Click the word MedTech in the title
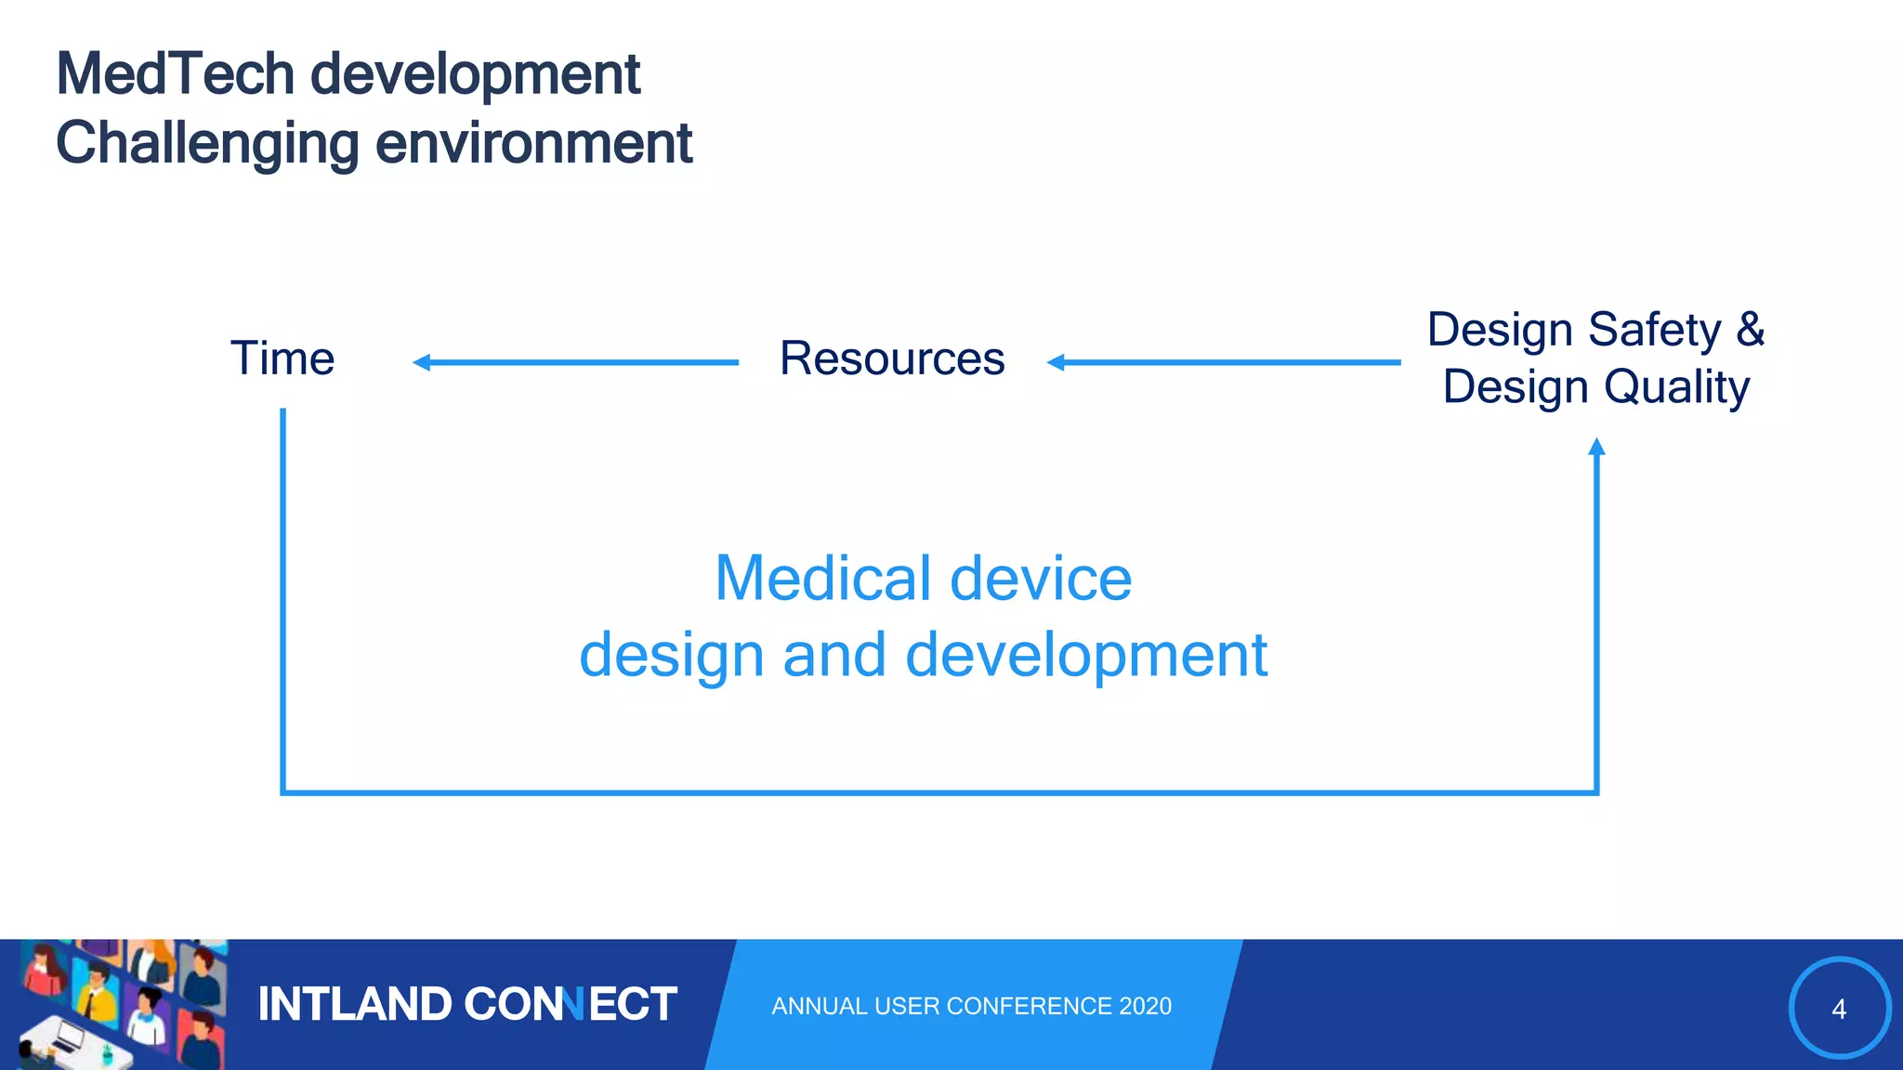[175, 74]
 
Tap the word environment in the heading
[533, 144]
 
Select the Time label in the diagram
[282, 359]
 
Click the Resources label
[892, 359]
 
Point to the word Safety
[1654, 330]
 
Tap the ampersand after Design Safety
[1751, 330]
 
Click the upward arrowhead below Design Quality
[1596, 448]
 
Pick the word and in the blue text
[833, 655]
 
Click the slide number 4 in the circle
[1838, 1009]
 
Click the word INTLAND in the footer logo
[354, 1005]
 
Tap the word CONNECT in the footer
[570, 1005]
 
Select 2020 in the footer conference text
[1145, 1006]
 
